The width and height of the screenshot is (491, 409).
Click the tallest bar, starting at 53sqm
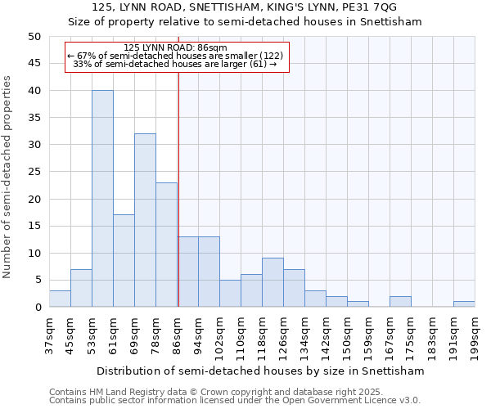(x=102, y=199)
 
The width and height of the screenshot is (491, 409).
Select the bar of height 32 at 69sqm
(x=145, y=220)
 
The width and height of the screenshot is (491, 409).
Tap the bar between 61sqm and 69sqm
(x=124, y=261)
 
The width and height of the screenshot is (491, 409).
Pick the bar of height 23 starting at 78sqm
(x=166, y=245)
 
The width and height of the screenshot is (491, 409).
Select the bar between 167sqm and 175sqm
(x=400, y=302)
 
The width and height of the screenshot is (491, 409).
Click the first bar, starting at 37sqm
(x=60, y=299)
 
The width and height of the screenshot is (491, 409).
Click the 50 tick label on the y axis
(x=34, y=37)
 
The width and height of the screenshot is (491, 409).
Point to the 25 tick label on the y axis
(x=34, y=172)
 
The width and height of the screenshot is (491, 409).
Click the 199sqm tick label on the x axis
(x=475, y=335)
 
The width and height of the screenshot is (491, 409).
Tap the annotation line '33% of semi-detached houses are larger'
(x=176, y=63)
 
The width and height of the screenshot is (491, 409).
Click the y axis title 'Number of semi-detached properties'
(x=8, y=177)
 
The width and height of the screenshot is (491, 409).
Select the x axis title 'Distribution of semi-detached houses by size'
(x=260, y=371)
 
